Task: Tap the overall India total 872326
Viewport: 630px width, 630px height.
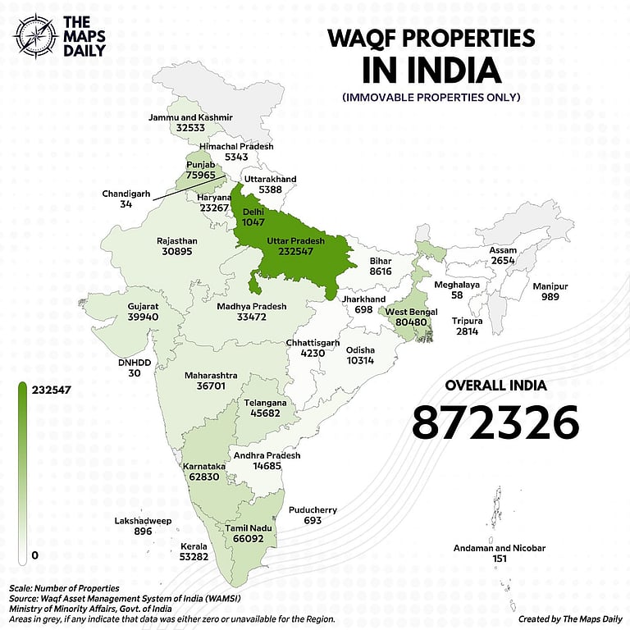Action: click(495, 422)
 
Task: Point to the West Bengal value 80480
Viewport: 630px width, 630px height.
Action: click(411, 323)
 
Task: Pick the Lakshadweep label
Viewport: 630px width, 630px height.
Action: click(143, 520)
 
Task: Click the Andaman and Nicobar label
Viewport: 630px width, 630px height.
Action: click(500, 548)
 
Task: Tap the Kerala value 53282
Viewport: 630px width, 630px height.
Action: click(201, 557)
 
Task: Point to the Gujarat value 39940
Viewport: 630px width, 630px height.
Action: click(143, 317)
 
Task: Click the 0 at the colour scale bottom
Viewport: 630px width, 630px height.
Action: click(34, 555)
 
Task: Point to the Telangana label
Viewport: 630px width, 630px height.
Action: click(265, 404)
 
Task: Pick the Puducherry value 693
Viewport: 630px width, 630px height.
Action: click(312, 521)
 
